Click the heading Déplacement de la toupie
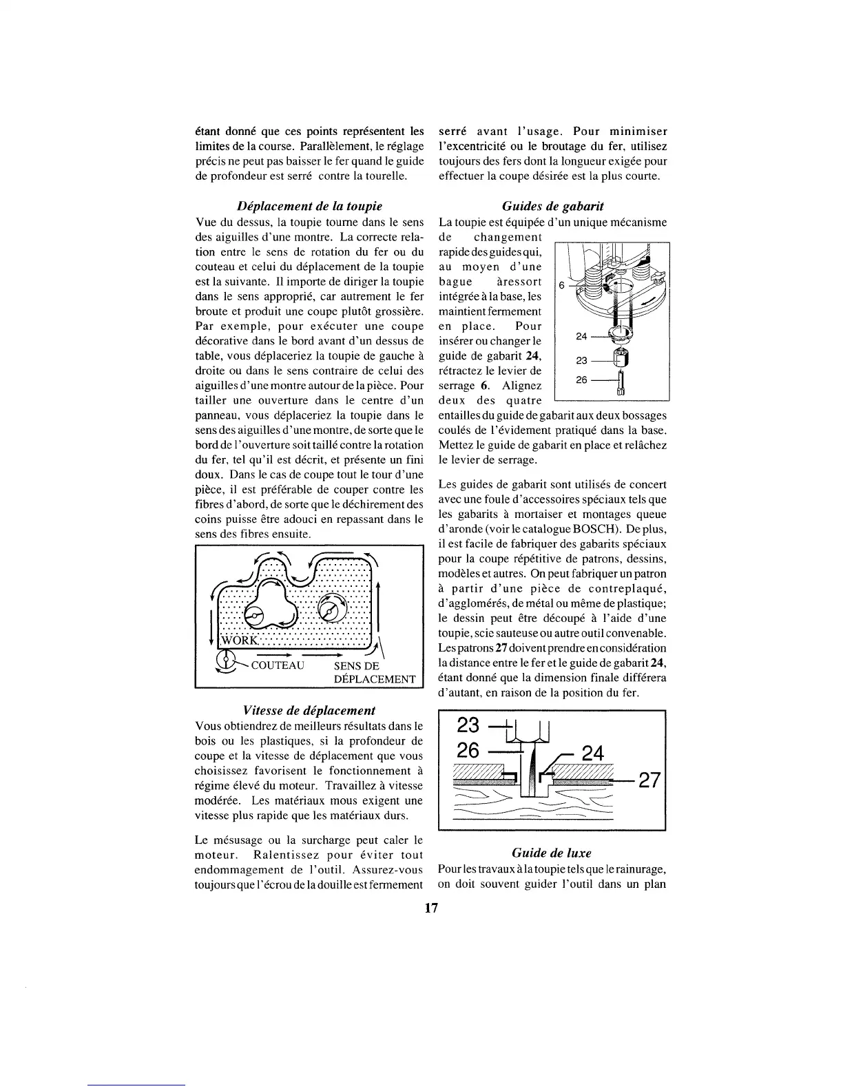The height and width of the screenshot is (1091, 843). click(309, 207)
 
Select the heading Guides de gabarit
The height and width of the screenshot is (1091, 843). click(552, 207)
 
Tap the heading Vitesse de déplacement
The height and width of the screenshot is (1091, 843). click(309, 710)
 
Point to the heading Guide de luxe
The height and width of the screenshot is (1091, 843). click(552, 853)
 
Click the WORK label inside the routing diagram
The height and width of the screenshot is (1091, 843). click(238, 641)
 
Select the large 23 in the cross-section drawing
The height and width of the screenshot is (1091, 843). click(468, 726)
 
